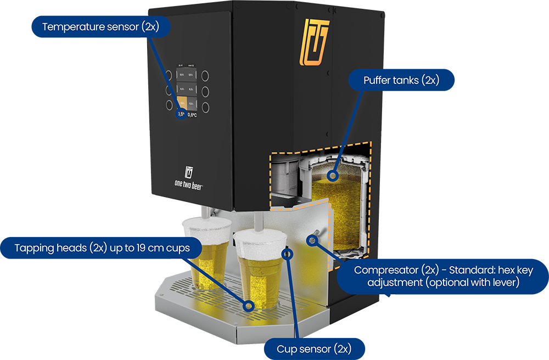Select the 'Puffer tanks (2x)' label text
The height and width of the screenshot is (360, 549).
click(401, 81)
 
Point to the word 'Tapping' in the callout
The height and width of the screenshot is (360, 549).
click(35, 248)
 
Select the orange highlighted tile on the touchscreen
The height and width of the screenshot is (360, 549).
click(181, 102)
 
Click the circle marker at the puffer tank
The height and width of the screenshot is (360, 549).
click(331, 176)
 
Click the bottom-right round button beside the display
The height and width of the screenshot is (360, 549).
click(206, 106)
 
